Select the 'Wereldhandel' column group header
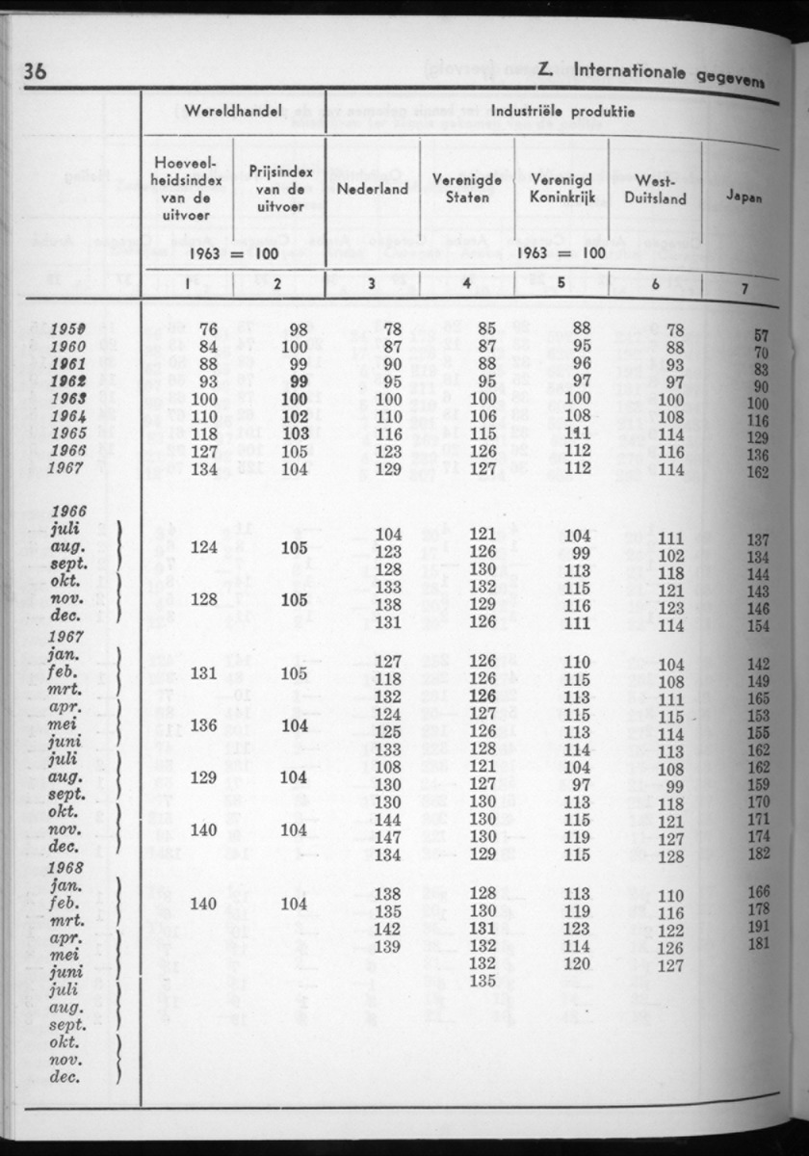pyautogui.click(x=233, y=112)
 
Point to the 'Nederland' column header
pyautogui.click(x=373, y=188)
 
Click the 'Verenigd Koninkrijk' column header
pyautogui.click(x=561, y=188)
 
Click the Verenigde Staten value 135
pyautogui.click(x=483, y=981)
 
